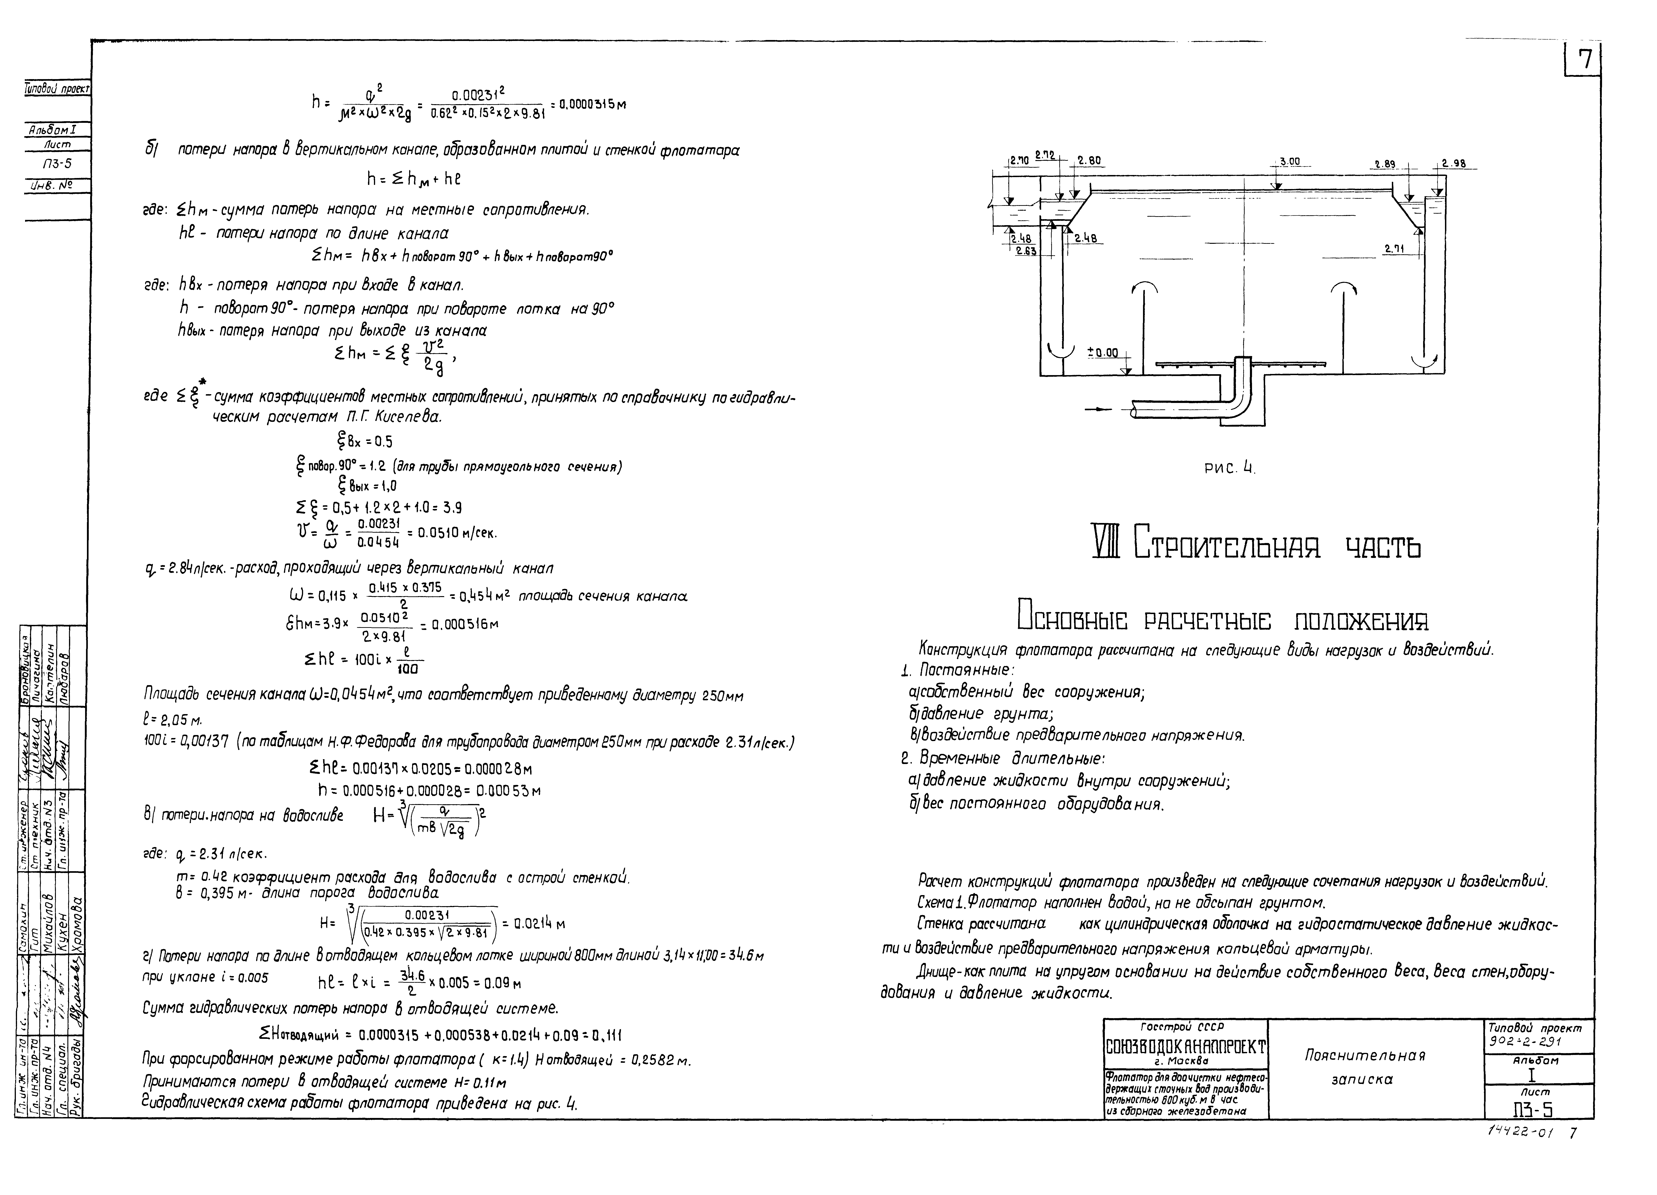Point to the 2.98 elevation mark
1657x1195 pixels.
pos(1453,164)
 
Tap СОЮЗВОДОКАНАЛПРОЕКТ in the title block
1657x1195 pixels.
pos(1186,1050)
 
